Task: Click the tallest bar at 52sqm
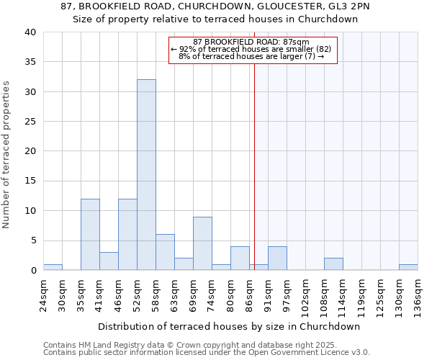pos(146,175)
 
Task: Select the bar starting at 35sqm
pos(90,235)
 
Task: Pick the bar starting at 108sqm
pos(333,264)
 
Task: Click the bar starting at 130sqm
pos(408,267)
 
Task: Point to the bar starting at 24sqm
pos(53,267)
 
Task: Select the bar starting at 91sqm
pos(277,258)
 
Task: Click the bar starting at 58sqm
pos(165,252)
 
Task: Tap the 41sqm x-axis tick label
pos(100,293)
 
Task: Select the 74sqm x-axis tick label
pos(212,293)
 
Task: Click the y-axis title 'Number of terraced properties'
pos(7,155)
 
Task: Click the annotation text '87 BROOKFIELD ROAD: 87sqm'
pos(251,42)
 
